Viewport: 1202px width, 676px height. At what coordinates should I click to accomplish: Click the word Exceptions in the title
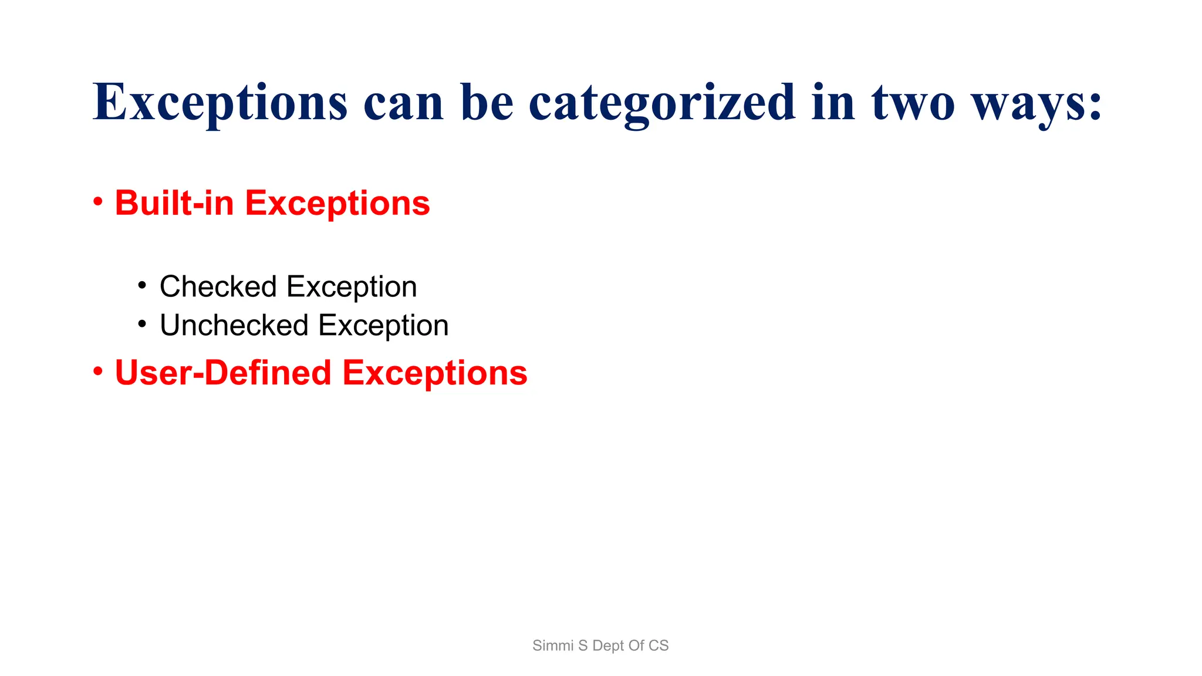[220, 103]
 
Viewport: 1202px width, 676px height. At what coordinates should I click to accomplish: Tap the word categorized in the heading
[662, 103]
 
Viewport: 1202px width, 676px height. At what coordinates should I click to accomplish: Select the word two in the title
[913, 103]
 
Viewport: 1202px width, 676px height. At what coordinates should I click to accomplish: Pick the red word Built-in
[174, 203]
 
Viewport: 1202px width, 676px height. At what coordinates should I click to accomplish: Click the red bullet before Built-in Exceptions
[98, 202]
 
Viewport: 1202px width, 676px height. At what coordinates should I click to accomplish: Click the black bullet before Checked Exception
[141, 286]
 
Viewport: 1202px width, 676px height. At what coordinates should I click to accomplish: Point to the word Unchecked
[234, 326]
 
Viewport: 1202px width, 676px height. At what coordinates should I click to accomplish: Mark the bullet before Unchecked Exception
[141, 324]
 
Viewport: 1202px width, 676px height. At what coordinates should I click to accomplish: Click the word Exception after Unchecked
[383, 326]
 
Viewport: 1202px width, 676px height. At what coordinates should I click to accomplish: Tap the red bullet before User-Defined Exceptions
[98, 371]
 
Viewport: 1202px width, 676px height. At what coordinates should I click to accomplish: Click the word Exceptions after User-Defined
[435, 374]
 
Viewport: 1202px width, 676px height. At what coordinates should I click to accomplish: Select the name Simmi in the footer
[552, 645]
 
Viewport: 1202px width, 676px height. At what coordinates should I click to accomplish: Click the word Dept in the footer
[609, 646]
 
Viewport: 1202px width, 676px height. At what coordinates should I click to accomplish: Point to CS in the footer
[659, 645]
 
